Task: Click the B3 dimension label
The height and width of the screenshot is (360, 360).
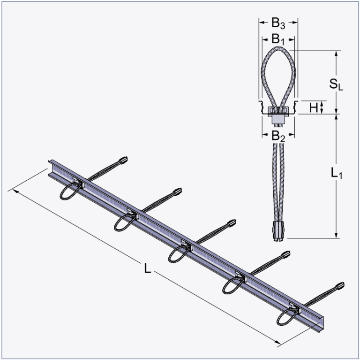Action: pyautogui.click(x=278, y=22)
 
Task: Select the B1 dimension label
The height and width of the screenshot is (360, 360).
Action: pyautogui.click(x=278, y=39)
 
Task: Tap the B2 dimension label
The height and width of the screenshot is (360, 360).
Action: pyautogui.click(x=278, y=136)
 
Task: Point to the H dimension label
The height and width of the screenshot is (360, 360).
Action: pyautogui.click(x=314, y=107)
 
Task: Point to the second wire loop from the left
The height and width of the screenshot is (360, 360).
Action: pyautogui.click(x=123, y=222)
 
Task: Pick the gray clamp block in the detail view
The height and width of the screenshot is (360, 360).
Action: pyautogui.click(x=278, y=115)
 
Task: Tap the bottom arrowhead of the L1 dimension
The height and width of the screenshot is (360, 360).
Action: pyautogui.click(x=336, y=236)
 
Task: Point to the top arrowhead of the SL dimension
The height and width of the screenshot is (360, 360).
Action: pyautogui.click(x=336, y=53)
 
